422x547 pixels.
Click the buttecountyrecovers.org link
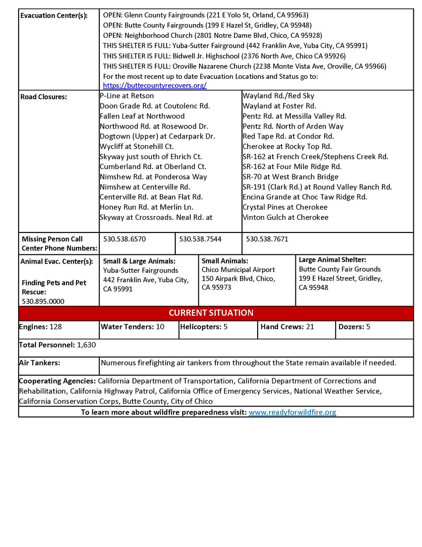(155, 85)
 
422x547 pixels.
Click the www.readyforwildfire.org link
(292, 412)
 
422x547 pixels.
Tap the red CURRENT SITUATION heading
(211, 313)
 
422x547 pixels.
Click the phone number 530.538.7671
(267, 238)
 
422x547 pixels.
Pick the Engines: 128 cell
(41, 327)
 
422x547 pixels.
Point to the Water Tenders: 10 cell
(132, 327)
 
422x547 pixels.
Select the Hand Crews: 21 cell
(287, 327)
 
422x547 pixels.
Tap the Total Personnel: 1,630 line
(57, 345)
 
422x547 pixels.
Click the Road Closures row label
(44, 97)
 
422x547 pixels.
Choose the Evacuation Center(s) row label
(54, 15)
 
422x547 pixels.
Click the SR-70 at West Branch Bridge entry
(290, 177)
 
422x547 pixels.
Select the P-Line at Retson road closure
(127, 96)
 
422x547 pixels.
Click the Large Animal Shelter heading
(332, 260)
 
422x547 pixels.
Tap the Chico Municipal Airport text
(238, 270)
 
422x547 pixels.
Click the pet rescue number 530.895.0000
(43, 301)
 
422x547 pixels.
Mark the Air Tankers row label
(40, 363)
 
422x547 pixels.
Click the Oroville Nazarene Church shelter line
(244, 66)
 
